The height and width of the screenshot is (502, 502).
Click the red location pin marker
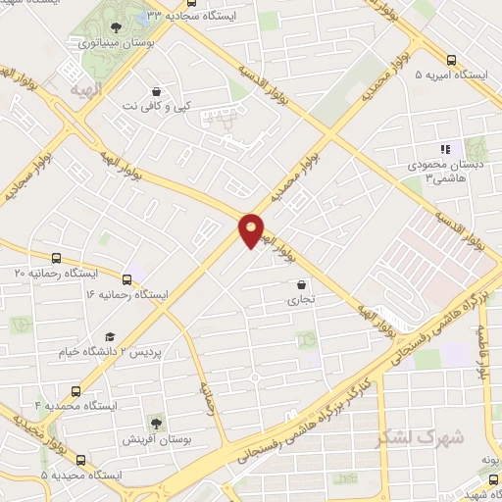[x=252, y=229]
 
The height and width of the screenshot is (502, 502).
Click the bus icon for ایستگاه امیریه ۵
[x=451, y=59]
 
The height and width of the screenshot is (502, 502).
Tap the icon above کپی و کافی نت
[x=155, y=87]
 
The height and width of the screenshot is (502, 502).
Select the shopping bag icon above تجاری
[x=301, y=285]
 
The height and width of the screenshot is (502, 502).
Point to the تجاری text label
[x=300, y=302]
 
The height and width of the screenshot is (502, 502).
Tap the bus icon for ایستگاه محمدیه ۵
[x=79, y=459]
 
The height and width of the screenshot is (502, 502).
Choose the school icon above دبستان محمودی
[x=445, y=149]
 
